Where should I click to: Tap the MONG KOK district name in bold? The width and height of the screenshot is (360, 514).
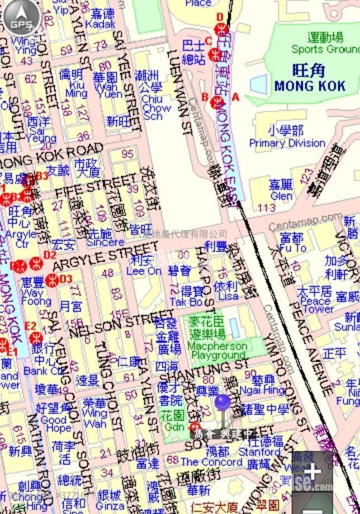click(x=310, y=86)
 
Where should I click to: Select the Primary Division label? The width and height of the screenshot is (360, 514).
click(x=287, y=143)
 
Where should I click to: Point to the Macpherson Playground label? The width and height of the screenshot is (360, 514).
click(x=217, y=350)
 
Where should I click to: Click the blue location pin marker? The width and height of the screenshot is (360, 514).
click(x=222, y=403)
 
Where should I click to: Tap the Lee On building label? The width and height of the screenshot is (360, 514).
click(x=144, y=271)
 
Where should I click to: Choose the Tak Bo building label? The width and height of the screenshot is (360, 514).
click(x=186, y=302)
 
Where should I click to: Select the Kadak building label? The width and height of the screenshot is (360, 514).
click(x=101, y=24)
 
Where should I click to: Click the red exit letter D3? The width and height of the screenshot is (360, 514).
click(x=66, y=278)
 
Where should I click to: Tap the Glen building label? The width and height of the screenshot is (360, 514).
click(x=281, y=196)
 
